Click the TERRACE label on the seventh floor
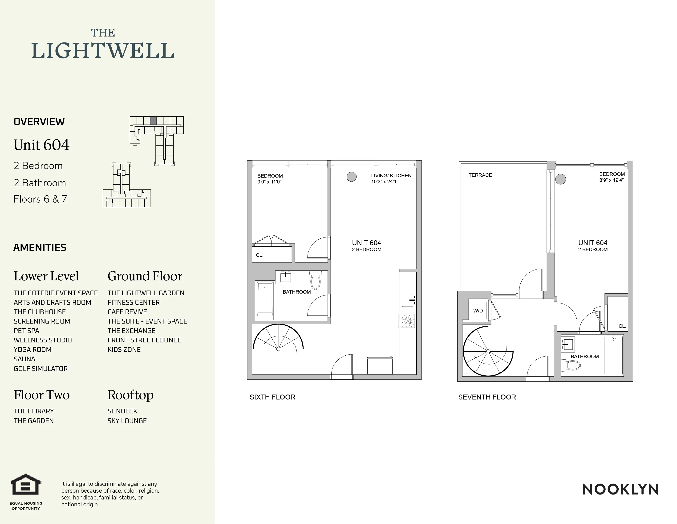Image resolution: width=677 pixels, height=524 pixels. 480,175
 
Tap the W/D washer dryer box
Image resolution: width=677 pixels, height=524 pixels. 478,310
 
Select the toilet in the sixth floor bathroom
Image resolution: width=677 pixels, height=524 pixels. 315,280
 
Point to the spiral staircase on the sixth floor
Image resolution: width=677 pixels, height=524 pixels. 278,338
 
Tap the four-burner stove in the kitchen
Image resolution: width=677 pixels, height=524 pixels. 408,321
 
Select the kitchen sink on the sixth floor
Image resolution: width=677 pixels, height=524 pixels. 408,300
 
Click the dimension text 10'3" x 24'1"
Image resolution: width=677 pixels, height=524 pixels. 385,182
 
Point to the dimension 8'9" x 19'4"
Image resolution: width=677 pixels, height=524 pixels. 611,180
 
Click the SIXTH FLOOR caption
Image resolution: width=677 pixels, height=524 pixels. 272,397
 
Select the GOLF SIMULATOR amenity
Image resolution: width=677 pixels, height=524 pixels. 41,369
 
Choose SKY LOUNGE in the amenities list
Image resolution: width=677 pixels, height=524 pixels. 127,421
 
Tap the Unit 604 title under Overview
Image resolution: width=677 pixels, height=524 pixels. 41,145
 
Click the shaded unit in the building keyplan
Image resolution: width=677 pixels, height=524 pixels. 153,121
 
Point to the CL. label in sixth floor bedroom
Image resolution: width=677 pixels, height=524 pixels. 259,255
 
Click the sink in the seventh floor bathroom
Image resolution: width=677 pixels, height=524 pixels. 568,343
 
